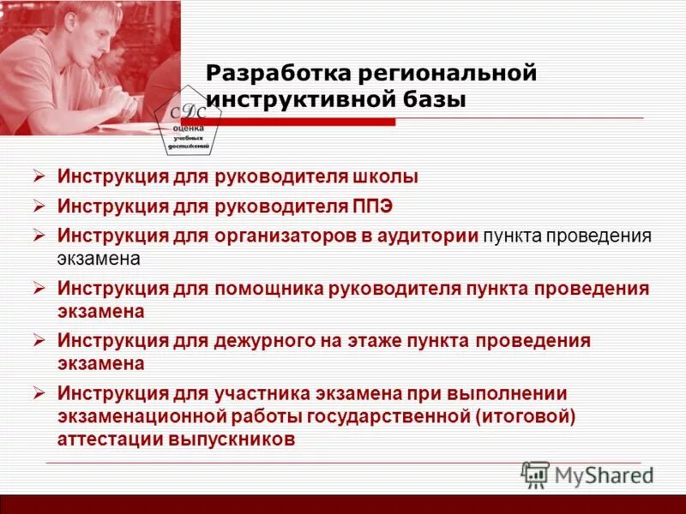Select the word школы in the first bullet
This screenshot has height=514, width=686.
pos(385,177)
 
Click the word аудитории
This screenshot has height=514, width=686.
pos(429,236)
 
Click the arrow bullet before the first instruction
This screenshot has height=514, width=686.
pos(39,177)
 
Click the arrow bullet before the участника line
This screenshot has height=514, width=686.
pos(39,393)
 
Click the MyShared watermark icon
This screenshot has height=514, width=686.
pos(536,475)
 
